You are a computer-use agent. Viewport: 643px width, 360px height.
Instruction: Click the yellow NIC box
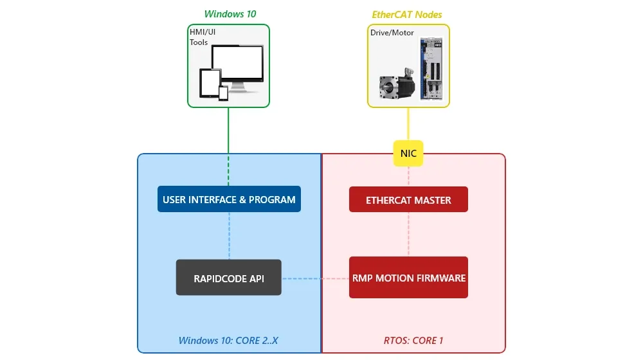pos(408,153)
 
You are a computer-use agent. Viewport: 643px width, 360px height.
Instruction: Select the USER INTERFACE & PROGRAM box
pos(229,199)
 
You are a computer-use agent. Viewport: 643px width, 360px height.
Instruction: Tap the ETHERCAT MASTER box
pos(408,200)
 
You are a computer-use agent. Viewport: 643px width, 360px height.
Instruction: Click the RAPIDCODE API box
pos(228,278)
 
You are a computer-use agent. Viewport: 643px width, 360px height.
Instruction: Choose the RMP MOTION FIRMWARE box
pos(408,278)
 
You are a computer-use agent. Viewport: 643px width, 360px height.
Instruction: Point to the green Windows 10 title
pos(230,14)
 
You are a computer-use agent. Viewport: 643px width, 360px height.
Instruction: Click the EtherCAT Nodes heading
pos(407,14)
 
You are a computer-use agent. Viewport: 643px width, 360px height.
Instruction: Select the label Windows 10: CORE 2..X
pos(228,341)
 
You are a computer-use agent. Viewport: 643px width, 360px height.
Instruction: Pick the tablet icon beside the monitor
pos(210,84)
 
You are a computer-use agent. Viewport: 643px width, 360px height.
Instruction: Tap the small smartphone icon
pos(223,93)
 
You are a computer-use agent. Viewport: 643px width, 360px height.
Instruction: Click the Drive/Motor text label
pos(392,32)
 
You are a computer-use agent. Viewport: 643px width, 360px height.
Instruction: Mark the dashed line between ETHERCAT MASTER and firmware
pos(408,234)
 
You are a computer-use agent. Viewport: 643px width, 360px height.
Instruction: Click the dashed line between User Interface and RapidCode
pos(229,235)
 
